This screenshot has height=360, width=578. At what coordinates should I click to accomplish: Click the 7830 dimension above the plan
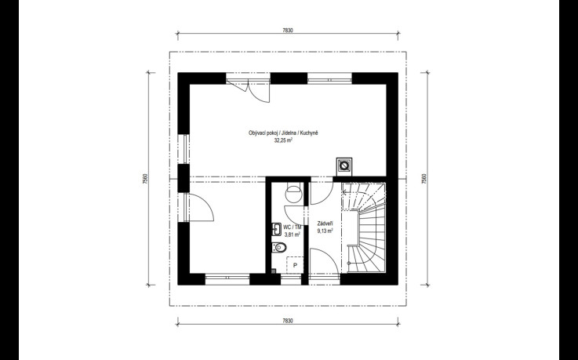pyautogui.click(x=288, y=31)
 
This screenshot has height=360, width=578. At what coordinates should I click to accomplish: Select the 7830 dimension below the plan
pyautogui.click(x=288, y=321)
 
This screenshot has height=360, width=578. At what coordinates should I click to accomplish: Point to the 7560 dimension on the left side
pyautogui.click(x=145, y=179)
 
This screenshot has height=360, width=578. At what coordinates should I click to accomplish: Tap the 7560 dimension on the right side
pyautogui.click(x=424, y=179)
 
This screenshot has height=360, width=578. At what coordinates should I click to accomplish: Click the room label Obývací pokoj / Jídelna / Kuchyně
pyautogui.click(x=283, y=133)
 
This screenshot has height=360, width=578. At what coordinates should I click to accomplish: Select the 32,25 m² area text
pyautogui.click(x=283, y=140)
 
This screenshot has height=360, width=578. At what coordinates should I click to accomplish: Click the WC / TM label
pyautogui.click(x=293, y=227)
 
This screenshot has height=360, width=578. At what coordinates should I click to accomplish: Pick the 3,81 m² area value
pyautogui.click(x=292, y=234)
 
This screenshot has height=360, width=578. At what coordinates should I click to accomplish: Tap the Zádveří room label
pyautogui.click(x=325, y=224)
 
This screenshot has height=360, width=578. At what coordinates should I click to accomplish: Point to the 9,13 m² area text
pyautogui.click(x=325, y=231)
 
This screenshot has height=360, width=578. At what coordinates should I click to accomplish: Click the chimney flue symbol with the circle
pyautogui.click(x=344, y=165)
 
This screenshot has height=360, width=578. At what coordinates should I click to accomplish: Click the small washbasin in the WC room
pyautogui.click(x=277, y=229)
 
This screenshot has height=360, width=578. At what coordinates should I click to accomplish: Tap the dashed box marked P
pyautogui.click(x=295, y=265)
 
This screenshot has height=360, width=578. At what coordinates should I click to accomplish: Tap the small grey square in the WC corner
pyautogui.click(x=274, y=271)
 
